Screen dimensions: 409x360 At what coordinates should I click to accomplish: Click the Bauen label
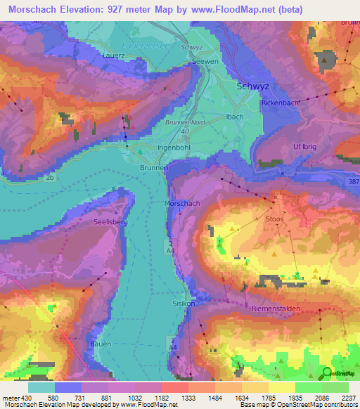[101, 344]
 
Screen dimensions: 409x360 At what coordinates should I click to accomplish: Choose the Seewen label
[205, 62]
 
